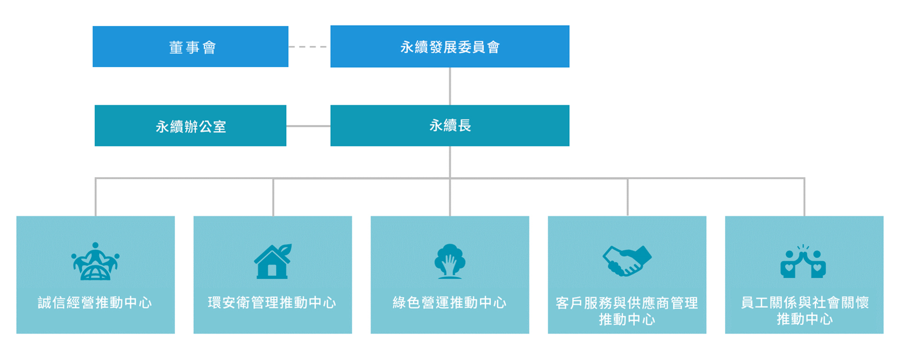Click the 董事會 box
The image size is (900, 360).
click(x=190, y=46)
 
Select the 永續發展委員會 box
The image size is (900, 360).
click(x=449, y=46)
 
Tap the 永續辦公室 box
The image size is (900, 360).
click(x=190, y=125)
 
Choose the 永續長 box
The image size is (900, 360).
click(x=449, y=125)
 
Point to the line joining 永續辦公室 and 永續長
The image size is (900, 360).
click(x=308, y=126)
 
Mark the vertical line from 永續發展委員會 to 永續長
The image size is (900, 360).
click(x=450, y=86)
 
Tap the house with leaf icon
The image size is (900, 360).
click(x=273, y=261)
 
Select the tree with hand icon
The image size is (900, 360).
click(x=450, y=261)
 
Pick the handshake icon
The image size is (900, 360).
click(x=627, y=261)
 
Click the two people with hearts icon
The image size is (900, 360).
click(x=803, y=261)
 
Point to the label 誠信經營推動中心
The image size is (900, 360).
click(x=95, y=303)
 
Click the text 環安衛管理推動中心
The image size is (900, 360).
click(x=272, y=303)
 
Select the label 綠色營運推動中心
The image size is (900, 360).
click(x=450, y=303)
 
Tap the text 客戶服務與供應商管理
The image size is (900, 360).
click(x=627, y=303)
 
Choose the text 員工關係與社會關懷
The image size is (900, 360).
click(x=804, y=303)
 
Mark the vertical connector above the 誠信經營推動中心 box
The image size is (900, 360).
click(x=96, y=197)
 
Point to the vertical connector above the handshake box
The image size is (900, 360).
click(x=628, y=197)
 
